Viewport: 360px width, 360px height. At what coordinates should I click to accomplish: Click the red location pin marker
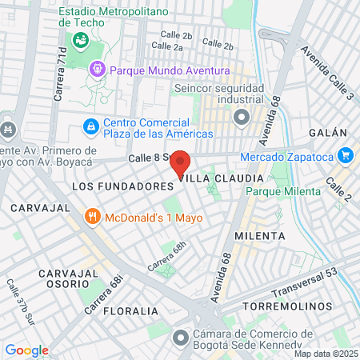point(182,164)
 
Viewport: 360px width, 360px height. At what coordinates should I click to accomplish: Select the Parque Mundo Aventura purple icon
point(98,70)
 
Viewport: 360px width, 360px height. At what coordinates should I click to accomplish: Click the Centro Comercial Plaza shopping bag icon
point(91,126)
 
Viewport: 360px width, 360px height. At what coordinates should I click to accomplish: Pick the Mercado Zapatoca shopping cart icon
point(346,155)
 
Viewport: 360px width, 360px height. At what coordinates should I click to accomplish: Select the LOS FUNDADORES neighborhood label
point(122,185)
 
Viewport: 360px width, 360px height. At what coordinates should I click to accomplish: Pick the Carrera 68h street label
point(166,256)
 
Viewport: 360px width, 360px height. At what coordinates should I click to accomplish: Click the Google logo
point(27,350)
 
